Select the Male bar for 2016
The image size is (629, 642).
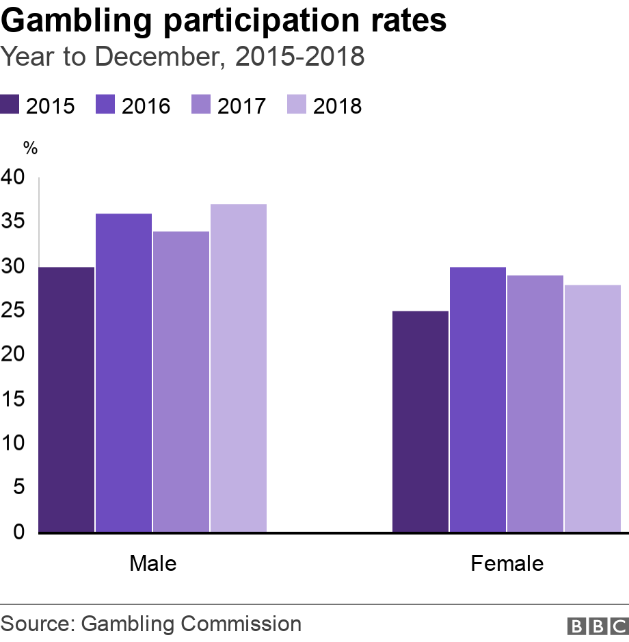[124, 373]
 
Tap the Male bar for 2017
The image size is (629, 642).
[181, 382]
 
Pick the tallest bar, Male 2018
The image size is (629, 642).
[238, 368]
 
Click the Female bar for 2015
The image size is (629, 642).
[420, 422]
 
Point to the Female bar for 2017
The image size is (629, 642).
[535, 404]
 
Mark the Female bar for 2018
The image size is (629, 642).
[593, 409]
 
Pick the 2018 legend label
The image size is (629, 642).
[337, 106]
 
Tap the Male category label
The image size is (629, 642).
[152, 563]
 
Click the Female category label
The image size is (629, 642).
[507, 563]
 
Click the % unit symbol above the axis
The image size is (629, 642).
[29, 147]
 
